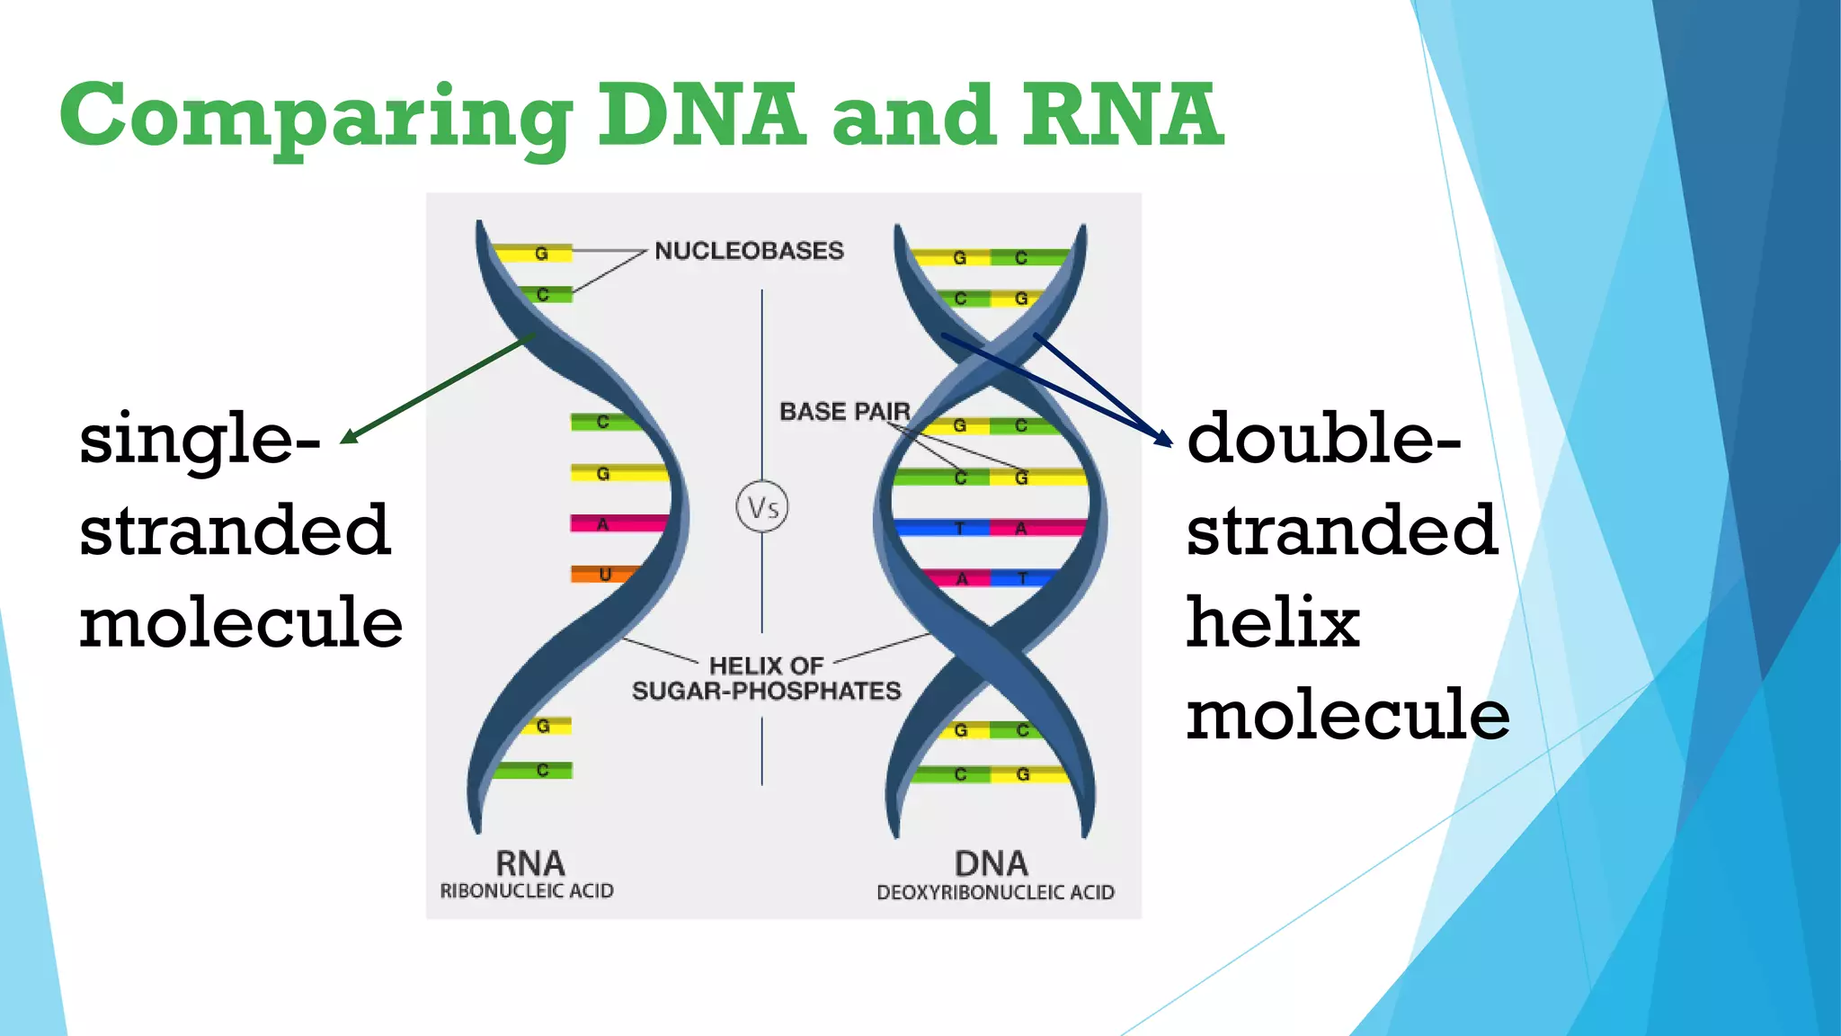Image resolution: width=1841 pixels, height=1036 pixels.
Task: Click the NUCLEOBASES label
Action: click(749, 251)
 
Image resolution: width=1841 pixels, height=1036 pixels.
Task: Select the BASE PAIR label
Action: click(844, 412)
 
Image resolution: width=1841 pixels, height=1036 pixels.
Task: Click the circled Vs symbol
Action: click(762, 507)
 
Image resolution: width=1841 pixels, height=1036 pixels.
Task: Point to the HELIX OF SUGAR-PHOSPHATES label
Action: click(766, 679)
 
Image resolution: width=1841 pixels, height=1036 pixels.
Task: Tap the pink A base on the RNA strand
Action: click(604, 523)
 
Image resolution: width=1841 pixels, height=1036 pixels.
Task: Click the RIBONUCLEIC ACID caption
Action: click(527, 891)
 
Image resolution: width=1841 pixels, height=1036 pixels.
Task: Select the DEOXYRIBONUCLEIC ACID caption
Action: click(995, 892)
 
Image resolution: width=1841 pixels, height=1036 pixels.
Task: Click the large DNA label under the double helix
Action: click(991, 863)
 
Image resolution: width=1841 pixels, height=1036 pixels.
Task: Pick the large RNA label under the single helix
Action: click(529, 863)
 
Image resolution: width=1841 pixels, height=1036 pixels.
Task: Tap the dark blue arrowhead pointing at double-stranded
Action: click(1164, 439)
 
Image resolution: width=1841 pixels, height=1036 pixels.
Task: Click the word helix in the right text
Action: click(1272, 622)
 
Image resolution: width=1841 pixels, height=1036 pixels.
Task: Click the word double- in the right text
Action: click(1322, 439)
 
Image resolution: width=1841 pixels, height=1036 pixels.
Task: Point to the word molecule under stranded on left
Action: click(241, 622)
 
